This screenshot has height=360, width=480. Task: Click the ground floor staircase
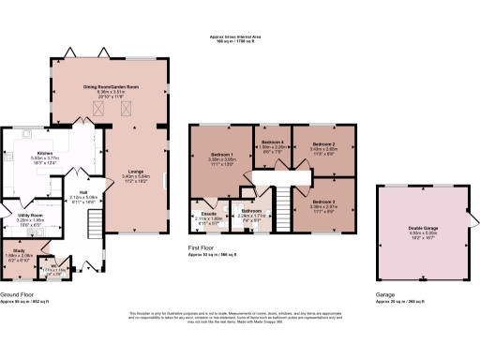pyautogui.click(x=95, y=225)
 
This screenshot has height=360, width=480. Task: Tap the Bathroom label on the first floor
pyautogui.click(x=250, y=211)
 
